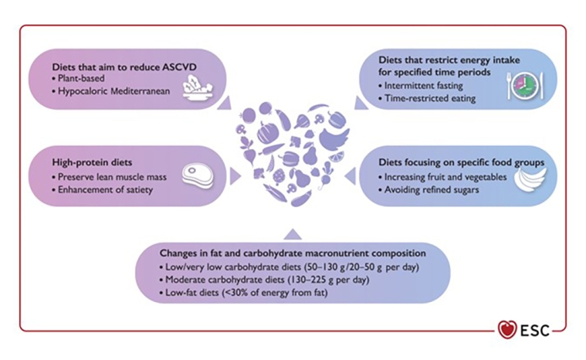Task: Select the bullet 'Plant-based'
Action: click(x=86, y=78)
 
